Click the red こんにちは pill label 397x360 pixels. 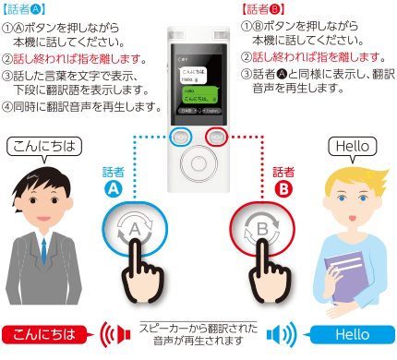click(39, 333)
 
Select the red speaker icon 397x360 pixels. click(113, 333)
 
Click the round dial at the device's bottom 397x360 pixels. click(198, 169)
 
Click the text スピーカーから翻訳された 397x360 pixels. click(198, 327)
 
